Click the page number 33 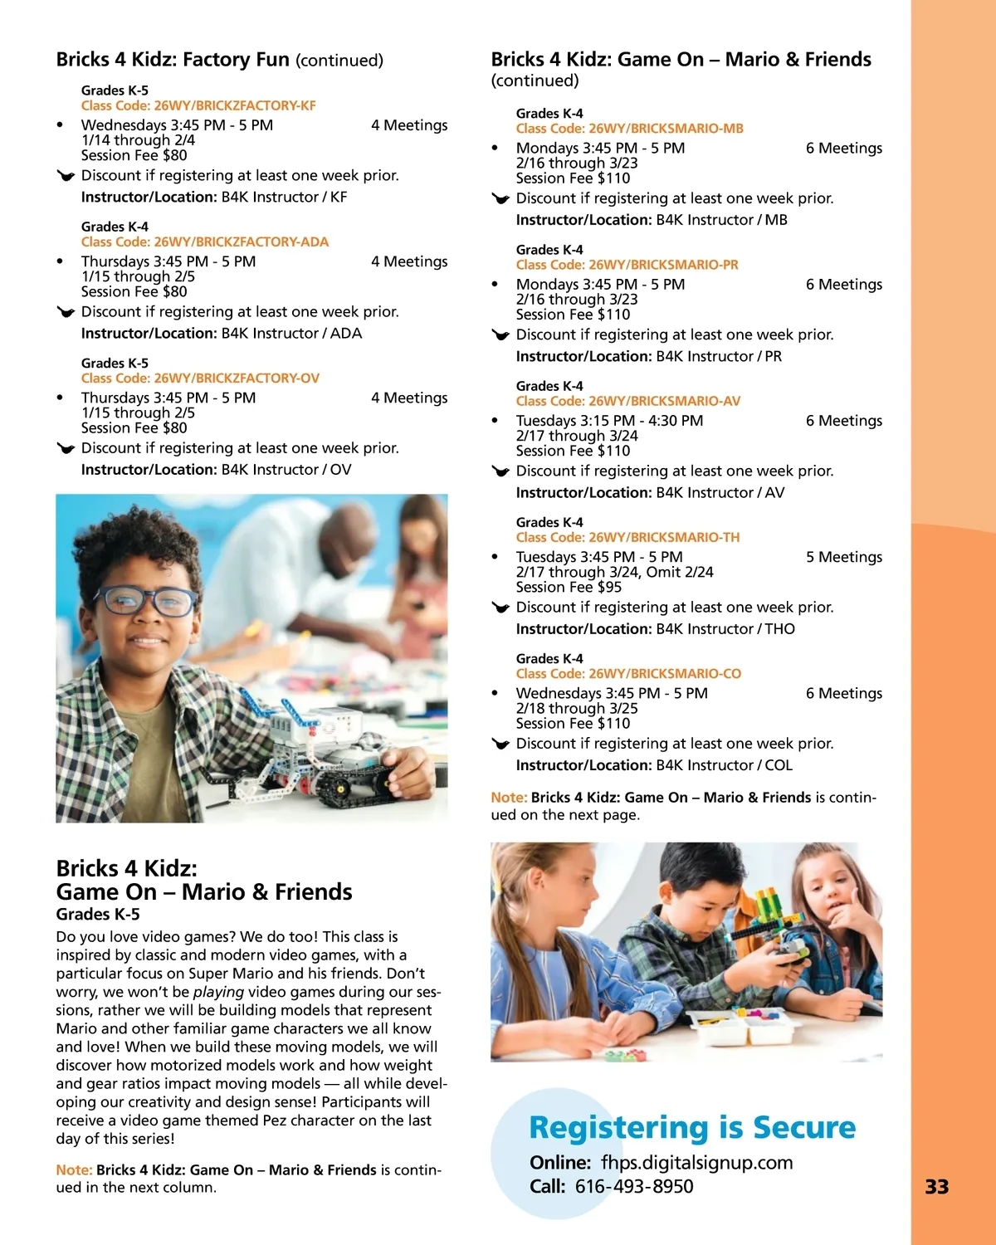coord(936,1187)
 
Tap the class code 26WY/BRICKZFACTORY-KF coord(198,105)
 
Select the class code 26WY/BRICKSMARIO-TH coord(627,537)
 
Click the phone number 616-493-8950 coord(634,1186)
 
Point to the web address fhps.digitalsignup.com coord(696,1162)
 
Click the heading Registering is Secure coord(692,1127)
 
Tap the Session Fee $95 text coord(569,587)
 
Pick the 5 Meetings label coord(843,557)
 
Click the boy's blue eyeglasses coord(146,599)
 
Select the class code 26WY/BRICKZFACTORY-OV coord(200,378)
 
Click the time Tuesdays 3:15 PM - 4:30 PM coord(609,421)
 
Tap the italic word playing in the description coord(218,992)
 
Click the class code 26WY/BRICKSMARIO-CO coord(628,673)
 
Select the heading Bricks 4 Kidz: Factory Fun coord(173,60)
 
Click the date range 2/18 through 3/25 coord(577,708)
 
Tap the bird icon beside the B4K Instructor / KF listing coord(66,176)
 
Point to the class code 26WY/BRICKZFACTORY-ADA coord(205,242)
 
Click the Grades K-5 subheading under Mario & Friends coord(98,914)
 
